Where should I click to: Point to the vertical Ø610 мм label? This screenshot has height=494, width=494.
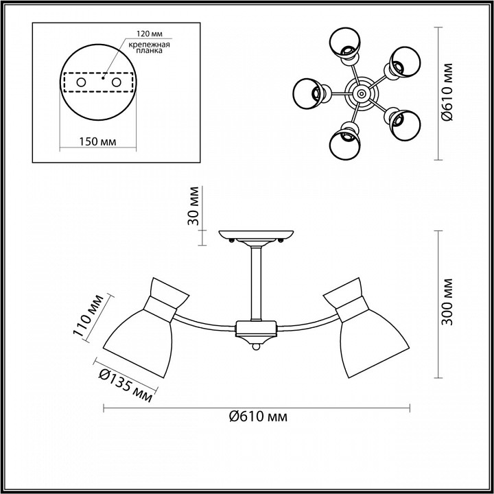(447, 93)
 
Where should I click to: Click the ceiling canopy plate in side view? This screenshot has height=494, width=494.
(257, 235)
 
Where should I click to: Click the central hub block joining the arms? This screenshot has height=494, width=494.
(256, 329)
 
